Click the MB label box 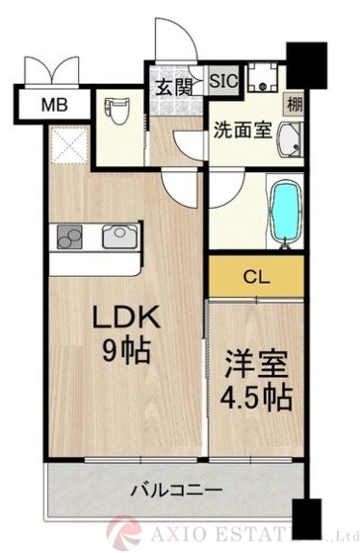click(x=53, y=103)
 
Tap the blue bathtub click(x=284, y=212)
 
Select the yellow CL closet click(x=256, y=279)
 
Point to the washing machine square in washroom click(x=260, y=79)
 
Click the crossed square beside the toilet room click(x=68, y=145)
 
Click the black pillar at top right click(x=307, y=64)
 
